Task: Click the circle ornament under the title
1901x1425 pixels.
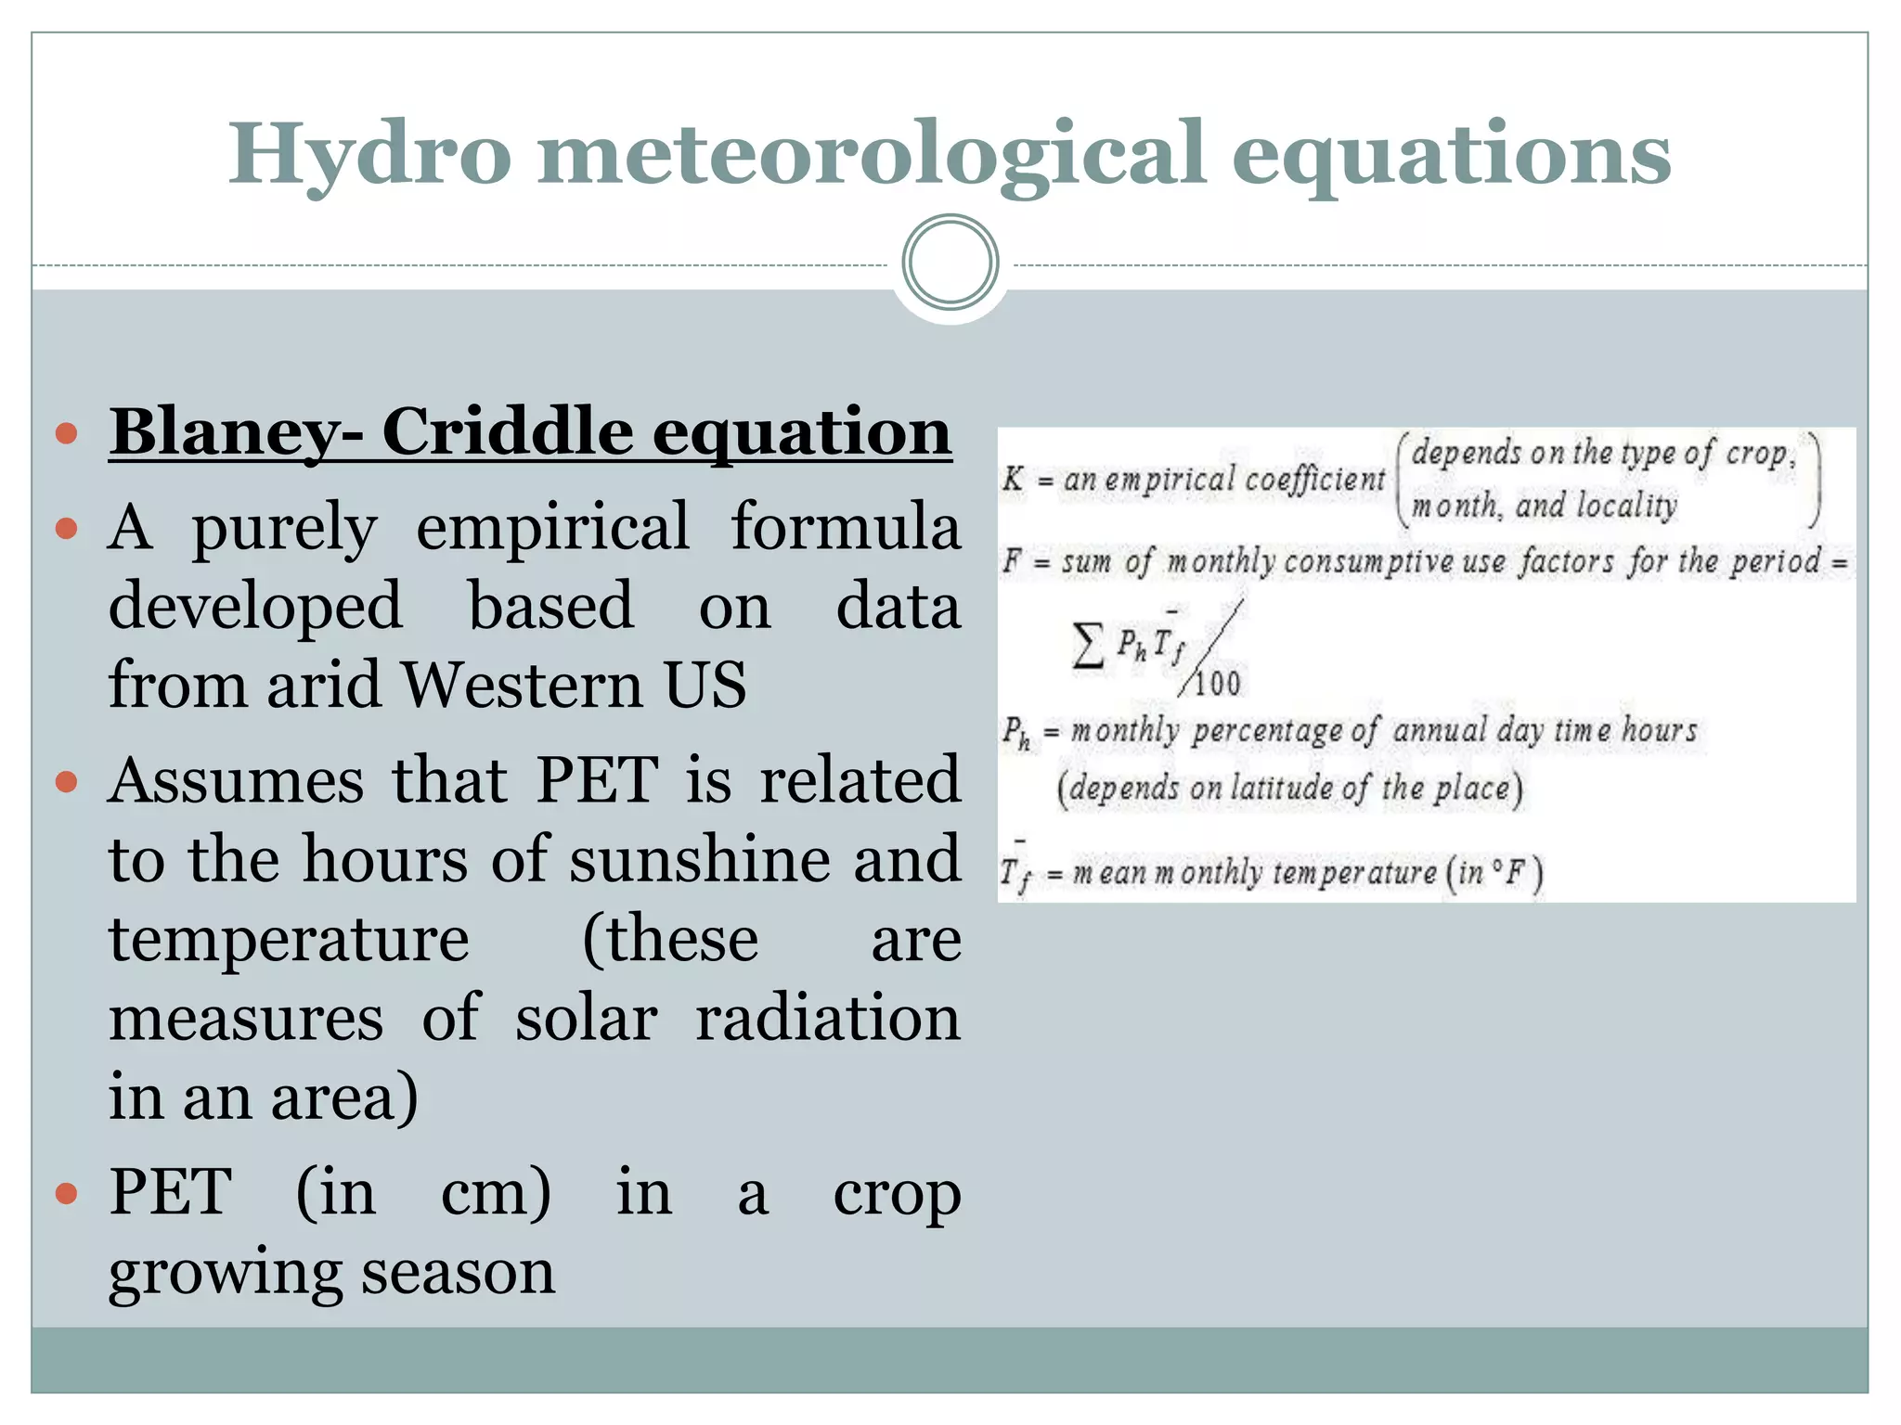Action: pyautogui.click(x=950, y=263)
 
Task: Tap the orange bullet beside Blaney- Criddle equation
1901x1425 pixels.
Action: pyautogui.click(x=66, y=433)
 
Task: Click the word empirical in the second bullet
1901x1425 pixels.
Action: pyautogui.click(x=552, y=527)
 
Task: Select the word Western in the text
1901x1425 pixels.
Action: pyautogui.click(x=522, y=685)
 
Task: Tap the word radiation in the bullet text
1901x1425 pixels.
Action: pyautogui.click(x=828, y=1018)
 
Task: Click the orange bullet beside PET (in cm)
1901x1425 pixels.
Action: pyautogui.click(x=66, y=1192)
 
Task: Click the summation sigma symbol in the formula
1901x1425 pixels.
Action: pyautogui.click(x=1088, y=646)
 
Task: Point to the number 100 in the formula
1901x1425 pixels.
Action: pyautogui.click(x=1217, y=685)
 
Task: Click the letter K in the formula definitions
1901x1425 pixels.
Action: pyautogui.click(x=1012, y=479)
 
